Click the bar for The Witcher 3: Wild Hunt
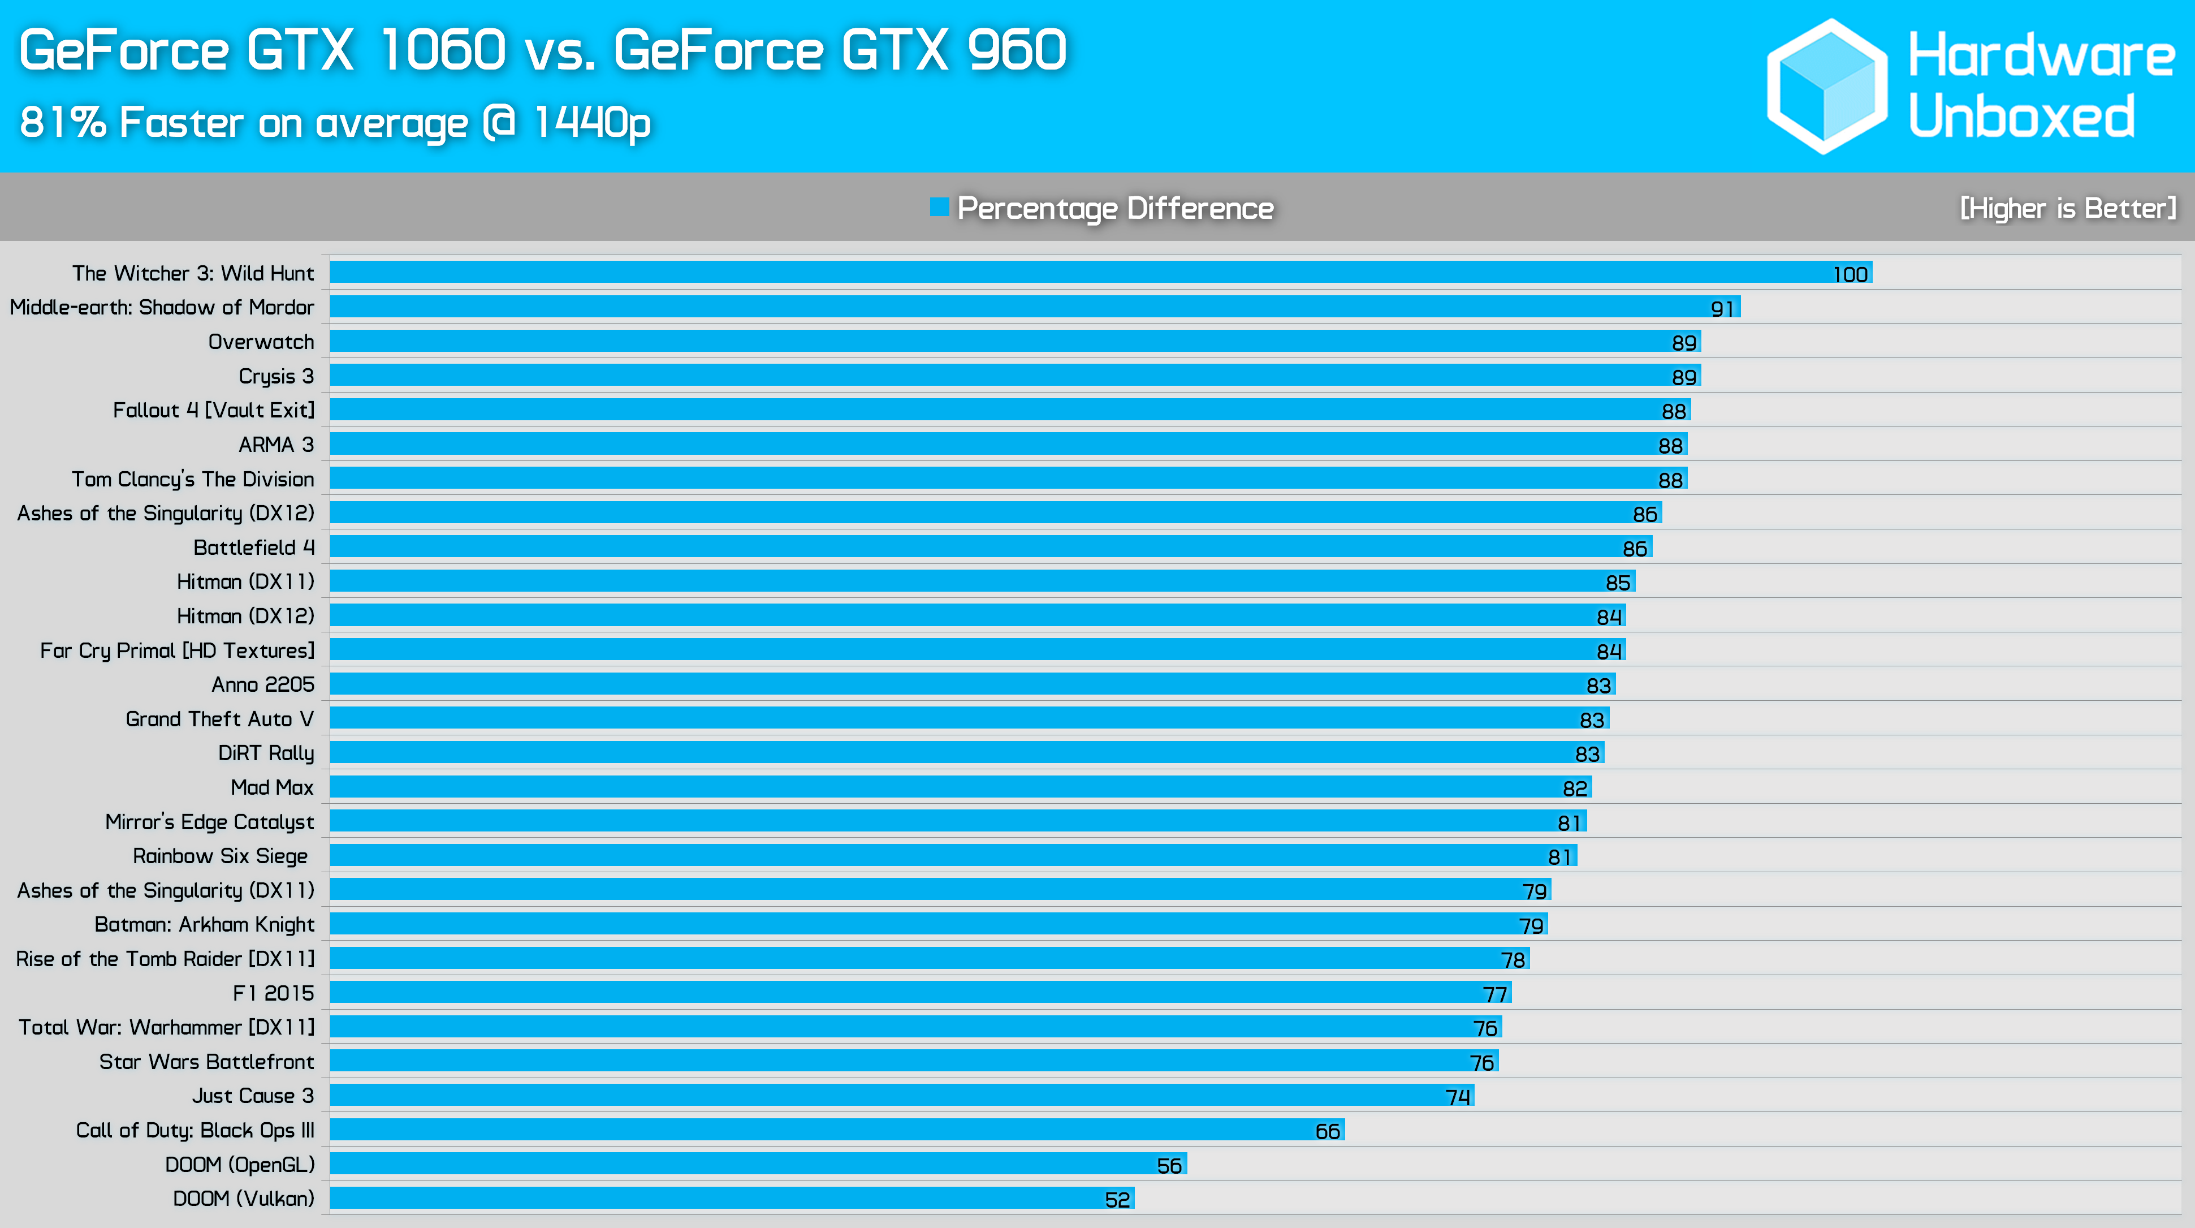(x=1099, y=273)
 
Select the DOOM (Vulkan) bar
(x=731, y=1198)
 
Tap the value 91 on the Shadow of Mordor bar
(x=1722, y=308)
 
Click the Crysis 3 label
(x=276, y=376)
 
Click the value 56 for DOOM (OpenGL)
(x=1169, y=1165)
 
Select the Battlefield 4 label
(x=254, y=547)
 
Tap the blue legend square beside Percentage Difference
(x=939, y=207)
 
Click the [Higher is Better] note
(x=2067, y=208)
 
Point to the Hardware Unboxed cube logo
(x=1827, y=86)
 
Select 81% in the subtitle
(x=62, y=122)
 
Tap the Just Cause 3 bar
(x=901, y=1095)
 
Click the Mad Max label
(x=272, y=787)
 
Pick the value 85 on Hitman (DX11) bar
(x=1617, y=583)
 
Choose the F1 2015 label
(x=274, y=993)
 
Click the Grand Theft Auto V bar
(x=968, y=718)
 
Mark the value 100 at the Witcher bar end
(x=1850, y=274)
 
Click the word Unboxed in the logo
(x=2021, y=116)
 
